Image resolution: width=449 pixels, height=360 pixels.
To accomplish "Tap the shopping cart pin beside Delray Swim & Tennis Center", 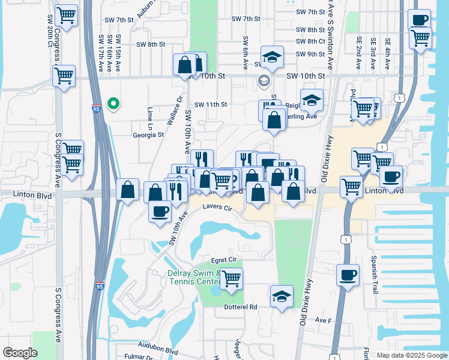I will pos(231,278).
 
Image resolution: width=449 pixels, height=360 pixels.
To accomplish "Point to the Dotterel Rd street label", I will pos(241,307).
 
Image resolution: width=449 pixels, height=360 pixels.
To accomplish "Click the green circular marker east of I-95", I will pos(112,104).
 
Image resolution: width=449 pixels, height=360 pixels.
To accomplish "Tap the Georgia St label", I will pos(148,135).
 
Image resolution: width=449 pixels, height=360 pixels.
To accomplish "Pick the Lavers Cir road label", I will pos(217,207).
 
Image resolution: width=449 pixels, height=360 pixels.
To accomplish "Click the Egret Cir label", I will pos(226,260).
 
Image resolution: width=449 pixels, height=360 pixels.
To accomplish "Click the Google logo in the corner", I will pos(20,353).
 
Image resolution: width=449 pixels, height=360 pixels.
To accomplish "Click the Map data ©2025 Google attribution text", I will pos(412,355).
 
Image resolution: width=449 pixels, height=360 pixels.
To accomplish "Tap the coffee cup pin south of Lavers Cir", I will pos(160,212).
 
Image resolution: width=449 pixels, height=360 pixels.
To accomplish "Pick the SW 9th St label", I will pos(310,54).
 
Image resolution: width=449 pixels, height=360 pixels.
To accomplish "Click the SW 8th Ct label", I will pos(310,41).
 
